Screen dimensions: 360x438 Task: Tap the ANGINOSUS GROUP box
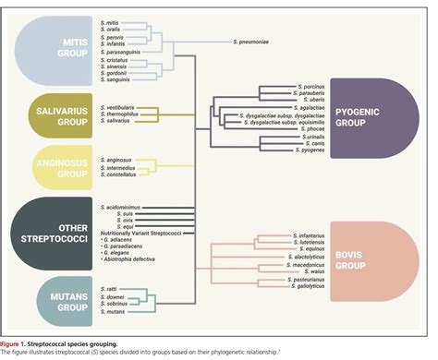point(51,164)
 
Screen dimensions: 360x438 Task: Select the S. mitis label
point(111,21)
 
